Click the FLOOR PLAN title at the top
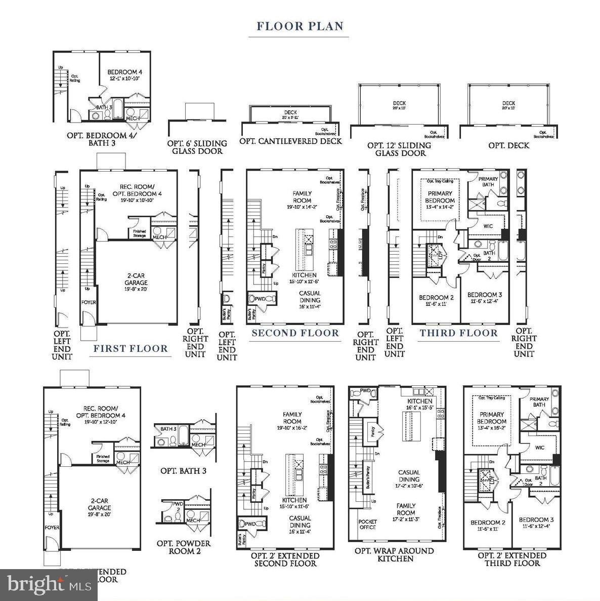coord(300,26)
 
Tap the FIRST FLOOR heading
coord(130,348)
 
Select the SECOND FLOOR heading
coord(295,333)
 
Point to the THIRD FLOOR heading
coord(458,333)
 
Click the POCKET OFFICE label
coord(368,524)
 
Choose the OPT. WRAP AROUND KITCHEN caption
coord(394,554)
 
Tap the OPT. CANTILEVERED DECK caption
coord(290,141)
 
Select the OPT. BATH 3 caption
coord(183,471)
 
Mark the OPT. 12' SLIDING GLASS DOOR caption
coord(400,149)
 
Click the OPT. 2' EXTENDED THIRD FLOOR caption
coord(512,559)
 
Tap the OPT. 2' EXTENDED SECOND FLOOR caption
coord(285,559)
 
